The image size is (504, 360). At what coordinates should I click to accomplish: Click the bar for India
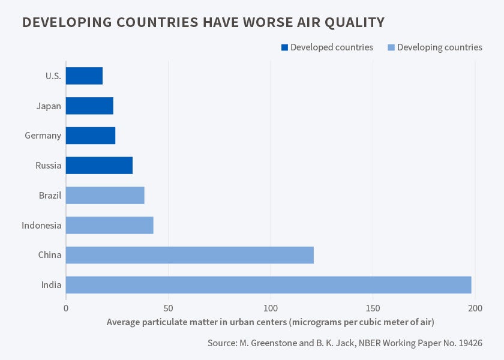(268, 284)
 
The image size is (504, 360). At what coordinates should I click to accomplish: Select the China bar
(190, 255)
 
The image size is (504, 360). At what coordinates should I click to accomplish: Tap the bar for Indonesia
(109, 225)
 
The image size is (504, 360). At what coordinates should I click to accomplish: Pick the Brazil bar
(105, 195)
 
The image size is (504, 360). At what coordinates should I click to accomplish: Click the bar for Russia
(99, 166)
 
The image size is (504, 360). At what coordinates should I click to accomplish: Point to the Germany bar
(91, 136)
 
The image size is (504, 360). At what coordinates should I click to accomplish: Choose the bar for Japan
(89, 106)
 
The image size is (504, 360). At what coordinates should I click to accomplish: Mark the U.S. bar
(84, 76)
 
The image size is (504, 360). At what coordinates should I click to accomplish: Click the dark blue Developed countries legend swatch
(284, 47)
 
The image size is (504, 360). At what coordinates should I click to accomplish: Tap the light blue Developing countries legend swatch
(391, 47)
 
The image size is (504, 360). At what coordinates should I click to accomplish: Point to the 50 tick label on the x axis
(168, 308)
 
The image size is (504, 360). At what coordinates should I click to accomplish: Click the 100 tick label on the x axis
(271, 308)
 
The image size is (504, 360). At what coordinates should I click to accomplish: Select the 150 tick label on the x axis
(373, 308)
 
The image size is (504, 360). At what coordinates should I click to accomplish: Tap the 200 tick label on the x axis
(475, 308)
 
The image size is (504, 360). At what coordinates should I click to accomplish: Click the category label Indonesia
(41, 225)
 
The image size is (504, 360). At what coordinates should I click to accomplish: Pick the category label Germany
(43, 136)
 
